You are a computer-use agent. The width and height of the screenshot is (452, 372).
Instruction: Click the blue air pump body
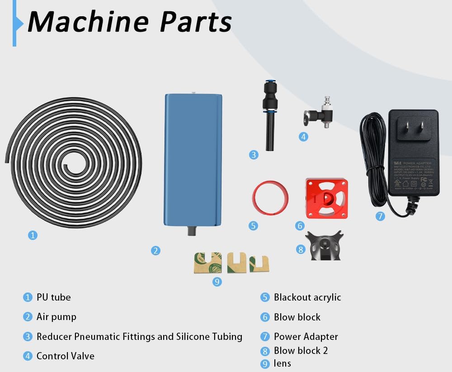(x=193, y=158)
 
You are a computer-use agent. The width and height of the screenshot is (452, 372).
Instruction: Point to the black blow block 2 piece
(x=325, y=246)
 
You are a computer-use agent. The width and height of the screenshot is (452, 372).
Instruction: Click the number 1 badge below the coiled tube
(x=33, y=235)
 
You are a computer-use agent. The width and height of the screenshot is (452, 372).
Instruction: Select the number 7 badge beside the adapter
(x=380, y=216)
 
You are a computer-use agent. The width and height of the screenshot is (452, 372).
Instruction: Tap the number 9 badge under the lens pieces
(x=217, y=282)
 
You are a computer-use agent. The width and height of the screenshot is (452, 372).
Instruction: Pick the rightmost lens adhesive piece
(x=259, y=264)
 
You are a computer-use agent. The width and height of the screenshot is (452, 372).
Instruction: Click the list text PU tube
(x=54, y=297)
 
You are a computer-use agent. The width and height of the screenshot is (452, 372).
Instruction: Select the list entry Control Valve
(x=66, y=356)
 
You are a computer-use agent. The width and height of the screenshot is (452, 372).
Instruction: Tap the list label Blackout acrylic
(x=307, y=297)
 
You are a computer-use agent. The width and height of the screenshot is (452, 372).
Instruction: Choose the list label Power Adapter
(x=306, y=337)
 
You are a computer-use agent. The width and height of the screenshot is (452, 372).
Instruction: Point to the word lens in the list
(x=282, y=363)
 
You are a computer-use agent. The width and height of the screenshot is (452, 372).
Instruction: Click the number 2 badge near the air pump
(x=156, y=250)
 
